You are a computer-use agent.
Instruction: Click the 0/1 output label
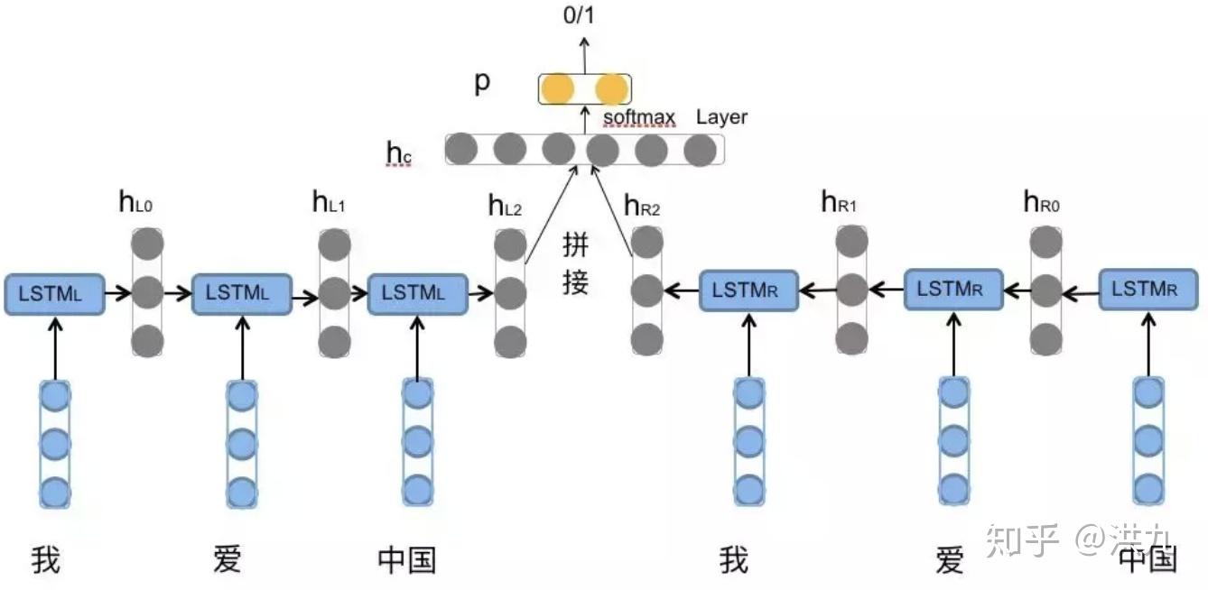pos(579,15)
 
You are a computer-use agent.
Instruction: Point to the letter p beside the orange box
pos(482,83)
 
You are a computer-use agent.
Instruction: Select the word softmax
pos(639,117)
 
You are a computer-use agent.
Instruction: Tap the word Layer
pos(721,117)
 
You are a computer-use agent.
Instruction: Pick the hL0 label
pos(135,203)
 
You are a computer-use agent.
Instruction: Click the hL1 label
pos(329,203)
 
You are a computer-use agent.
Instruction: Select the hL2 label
pos(505,206)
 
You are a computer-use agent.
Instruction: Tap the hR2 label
pos(642,206)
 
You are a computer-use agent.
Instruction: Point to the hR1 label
pos(839,202)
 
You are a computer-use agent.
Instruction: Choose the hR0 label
pos(1041,202)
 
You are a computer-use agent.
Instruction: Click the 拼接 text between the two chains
pos(575,264)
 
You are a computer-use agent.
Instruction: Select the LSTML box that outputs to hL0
pos(54,294)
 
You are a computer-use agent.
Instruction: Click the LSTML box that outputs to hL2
pos(417,294)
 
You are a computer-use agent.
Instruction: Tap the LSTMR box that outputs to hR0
pos(1148,290)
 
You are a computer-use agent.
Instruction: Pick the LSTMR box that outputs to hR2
pos(748,290)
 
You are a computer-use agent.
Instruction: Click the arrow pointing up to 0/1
pos(584,56)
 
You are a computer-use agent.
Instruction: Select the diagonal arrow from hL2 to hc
pos(552,215)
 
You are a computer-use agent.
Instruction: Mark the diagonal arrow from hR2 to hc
pos(612,211)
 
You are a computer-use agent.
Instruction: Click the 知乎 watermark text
pos(1022,539)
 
